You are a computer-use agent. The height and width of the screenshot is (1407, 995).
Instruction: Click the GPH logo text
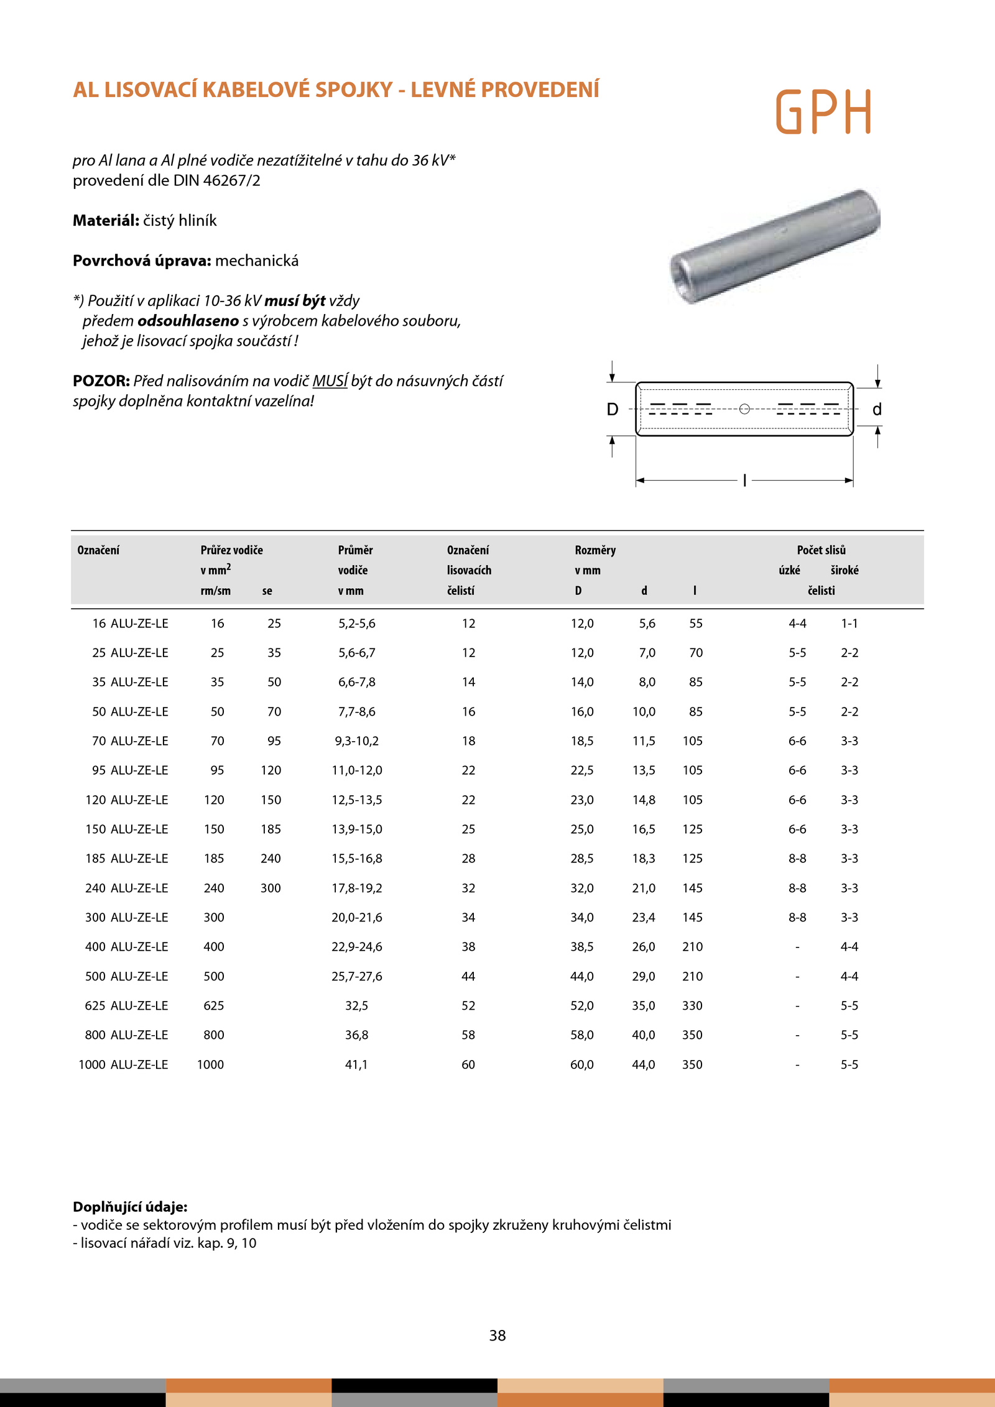tap(823, 112)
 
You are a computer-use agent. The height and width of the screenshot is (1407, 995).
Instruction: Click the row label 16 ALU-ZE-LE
tap(130, 624)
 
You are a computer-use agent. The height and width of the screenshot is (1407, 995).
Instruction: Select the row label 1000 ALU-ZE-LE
tap(123, 1064)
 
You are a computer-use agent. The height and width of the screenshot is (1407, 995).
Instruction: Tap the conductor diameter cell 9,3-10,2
tap(356, 741)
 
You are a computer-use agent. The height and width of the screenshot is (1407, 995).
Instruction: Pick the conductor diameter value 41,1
tap(356, 1064)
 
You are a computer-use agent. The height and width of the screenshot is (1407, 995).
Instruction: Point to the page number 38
tap(497, 1335)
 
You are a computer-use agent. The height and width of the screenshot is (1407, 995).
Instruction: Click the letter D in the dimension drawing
tap(613, 410)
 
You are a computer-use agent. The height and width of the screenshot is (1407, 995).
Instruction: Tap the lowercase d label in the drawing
tap(877, 410)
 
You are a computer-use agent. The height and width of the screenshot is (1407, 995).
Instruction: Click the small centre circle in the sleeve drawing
tap(744, 409)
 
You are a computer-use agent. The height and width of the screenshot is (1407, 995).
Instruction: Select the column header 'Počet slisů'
tap(821, 550)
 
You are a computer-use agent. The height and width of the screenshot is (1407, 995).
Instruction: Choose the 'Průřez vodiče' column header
tap(231, 550)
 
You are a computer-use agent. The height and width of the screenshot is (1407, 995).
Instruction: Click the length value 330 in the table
tap(692, 1005)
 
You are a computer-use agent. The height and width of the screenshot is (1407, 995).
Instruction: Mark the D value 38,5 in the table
tap(582, 947)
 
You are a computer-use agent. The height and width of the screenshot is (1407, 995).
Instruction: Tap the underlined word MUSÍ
tap(330, 381)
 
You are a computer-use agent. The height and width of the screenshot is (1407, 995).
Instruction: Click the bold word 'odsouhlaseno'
tap(188, 321)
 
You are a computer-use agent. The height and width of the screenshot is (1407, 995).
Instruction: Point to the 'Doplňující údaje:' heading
tap(130, 1207)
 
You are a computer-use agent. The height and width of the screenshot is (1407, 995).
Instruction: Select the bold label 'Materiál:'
tap(106, 221)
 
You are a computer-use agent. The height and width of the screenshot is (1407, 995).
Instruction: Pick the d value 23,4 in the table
tap(644, 918)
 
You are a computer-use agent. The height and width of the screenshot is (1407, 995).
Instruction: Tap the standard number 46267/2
tap(231, 181)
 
